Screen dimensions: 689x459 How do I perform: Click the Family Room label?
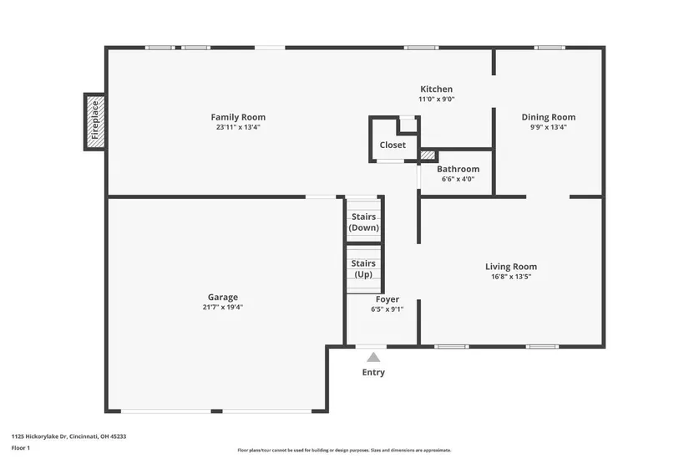pyautogui.click(x=238, y=117)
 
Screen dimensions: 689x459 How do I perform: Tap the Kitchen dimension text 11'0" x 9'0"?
pyautogui.click(x=436, y=99)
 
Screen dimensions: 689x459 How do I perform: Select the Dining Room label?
pyautogui.click(x=549, y=117)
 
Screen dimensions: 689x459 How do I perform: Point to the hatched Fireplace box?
pyautogui.click(x=95, y=122)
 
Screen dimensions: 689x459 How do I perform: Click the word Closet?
pyautogui.click(x=393, y=145)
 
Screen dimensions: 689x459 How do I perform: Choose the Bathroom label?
pyautogui.click(x=458, y=169)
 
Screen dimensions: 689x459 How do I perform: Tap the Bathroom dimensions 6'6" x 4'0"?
pyautogui.click(x=458, y=179)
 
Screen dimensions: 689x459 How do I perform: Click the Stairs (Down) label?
pyautogui.click(x=363, y=222)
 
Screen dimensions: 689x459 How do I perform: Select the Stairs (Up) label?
pyautogui.click(x=363, y=268)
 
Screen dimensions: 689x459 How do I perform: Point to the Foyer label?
pyautogui.click(x=388, y=299)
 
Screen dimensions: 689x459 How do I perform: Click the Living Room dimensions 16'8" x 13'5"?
pyautogui.click(x=511, y=277)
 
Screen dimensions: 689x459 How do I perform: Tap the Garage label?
pyautogui.click(x=223, y=297)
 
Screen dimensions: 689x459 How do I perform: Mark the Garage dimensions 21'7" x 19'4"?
pyautogui.click(x=223, y=307)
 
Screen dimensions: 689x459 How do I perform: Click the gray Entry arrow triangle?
pyautogui.click(x=373, y=357)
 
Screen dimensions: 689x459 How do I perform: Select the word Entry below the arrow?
pyautogui.click(x=373, y=372)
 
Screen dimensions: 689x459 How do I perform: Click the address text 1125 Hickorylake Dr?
pyautogui.click(x=38, y=436)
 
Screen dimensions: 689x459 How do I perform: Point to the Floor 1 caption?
pyautogui.click(x=21, y=448)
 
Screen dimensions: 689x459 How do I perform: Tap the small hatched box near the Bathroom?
pyautogui.click(x=428, y=156)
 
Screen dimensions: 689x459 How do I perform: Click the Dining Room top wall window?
pyautogui.click(x=550, y=48)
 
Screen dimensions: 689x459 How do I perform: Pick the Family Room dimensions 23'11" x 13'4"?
pyautogui.click(x=238, y=127)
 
